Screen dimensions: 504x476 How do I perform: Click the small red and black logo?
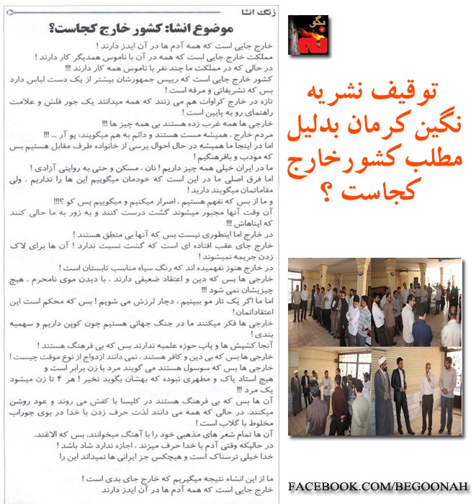pos(308,36)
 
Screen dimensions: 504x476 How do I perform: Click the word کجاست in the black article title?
pos(78,29)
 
